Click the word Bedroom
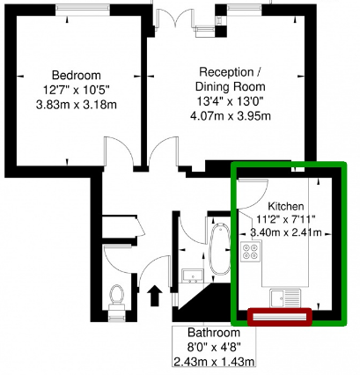click(x=76, y=74)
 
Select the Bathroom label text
click(x=213, y=334)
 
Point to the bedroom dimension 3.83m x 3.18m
click(x=76, y=105)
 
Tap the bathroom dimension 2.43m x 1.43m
click(x=213, y=362)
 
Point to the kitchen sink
click(x=287, y=298)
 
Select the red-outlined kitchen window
click(x=281, y=316)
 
